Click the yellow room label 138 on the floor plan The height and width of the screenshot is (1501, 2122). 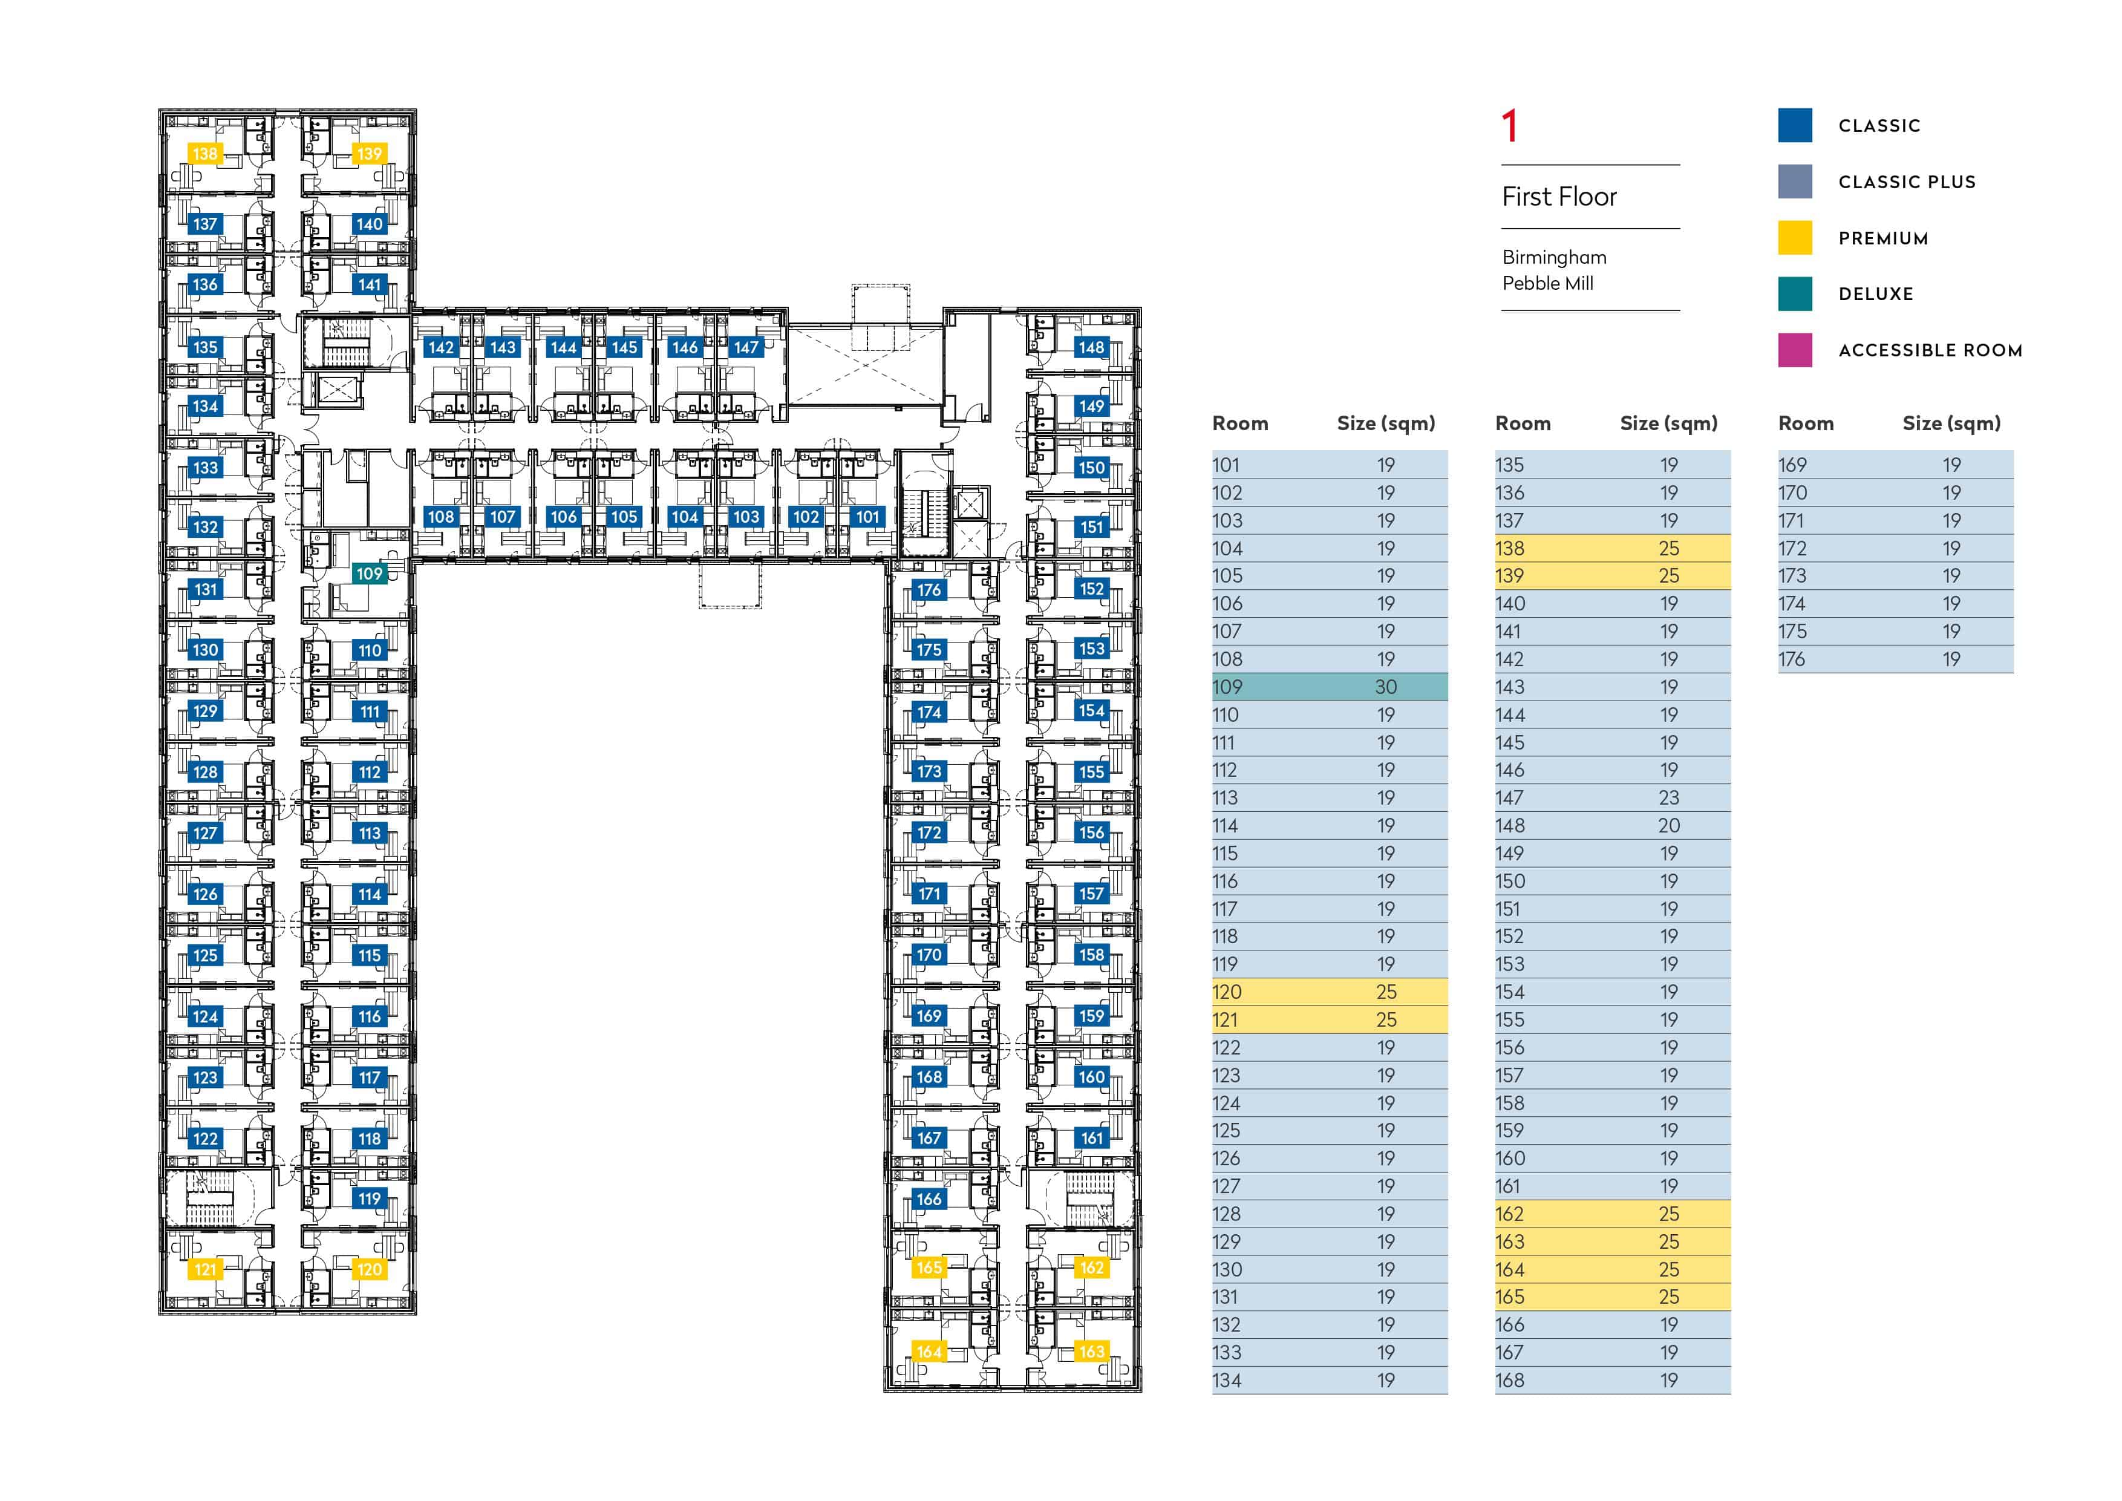click(204, 154)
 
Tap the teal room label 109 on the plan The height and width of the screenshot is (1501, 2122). click(369, 574)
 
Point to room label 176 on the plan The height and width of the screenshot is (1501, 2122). click(929, 590)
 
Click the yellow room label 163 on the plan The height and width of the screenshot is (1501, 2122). click(1091, 1352)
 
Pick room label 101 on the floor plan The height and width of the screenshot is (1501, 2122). click(867, 517)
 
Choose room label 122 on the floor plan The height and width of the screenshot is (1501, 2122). click(204, 1139)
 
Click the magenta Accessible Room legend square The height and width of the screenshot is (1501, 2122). click(1795, 350)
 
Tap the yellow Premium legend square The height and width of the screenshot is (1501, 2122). click(1795, 238)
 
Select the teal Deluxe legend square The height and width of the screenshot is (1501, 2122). click(1795, 294)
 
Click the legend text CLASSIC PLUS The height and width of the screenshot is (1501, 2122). click(1907, 182)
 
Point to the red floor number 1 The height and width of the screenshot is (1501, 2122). click(1509, 126)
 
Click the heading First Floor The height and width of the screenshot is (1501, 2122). click(1559, 197)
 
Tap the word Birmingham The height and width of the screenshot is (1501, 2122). click(1555, 257)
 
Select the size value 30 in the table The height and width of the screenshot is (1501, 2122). click(1385, 687)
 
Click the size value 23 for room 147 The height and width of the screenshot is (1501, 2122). click(1668, 797)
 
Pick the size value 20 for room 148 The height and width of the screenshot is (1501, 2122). click(1668, 825)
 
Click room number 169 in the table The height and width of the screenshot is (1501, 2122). click(1792, 465)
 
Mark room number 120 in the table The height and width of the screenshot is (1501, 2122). click(1226, 992)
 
